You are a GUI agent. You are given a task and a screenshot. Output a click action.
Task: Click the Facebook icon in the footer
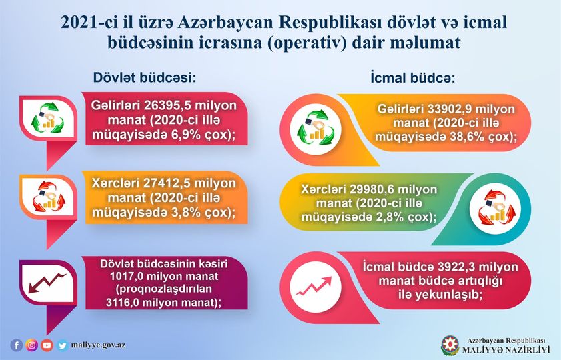tap(17, 345)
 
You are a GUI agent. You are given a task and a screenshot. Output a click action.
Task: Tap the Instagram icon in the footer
tap(31, 345)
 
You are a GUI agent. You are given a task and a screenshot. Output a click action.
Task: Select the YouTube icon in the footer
tap(47, 345)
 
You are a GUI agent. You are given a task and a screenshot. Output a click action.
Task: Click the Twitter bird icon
tap(62, 345)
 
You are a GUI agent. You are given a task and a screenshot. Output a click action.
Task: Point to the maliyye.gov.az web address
tap(98, 345)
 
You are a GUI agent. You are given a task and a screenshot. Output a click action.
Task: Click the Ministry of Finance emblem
tap(450, 345)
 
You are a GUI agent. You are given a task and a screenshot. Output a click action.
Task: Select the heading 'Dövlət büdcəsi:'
tap(145, 77)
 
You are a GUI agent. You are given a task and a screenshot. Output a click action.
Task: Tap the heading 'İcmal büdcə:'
tap(412, 77)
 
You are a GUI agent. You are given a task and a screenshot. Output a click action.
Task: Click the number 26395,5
tap(165, 105)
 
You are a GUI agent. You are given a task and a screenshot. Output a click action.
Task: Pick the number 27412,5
tap(165, 183)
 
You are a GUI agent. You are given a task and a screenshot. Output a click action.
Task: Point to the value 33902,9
tap(446, 109)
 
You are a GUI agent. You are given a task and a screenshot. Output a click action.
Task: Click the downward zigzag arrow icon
tap(47, 283)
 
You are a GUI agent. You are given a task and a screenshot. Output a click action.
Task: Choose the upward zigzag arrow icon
tap(314, 287)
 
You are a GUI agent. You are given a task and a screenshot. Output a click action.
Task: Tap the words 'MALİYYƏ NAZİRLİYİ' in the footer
tap(506, 349)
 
